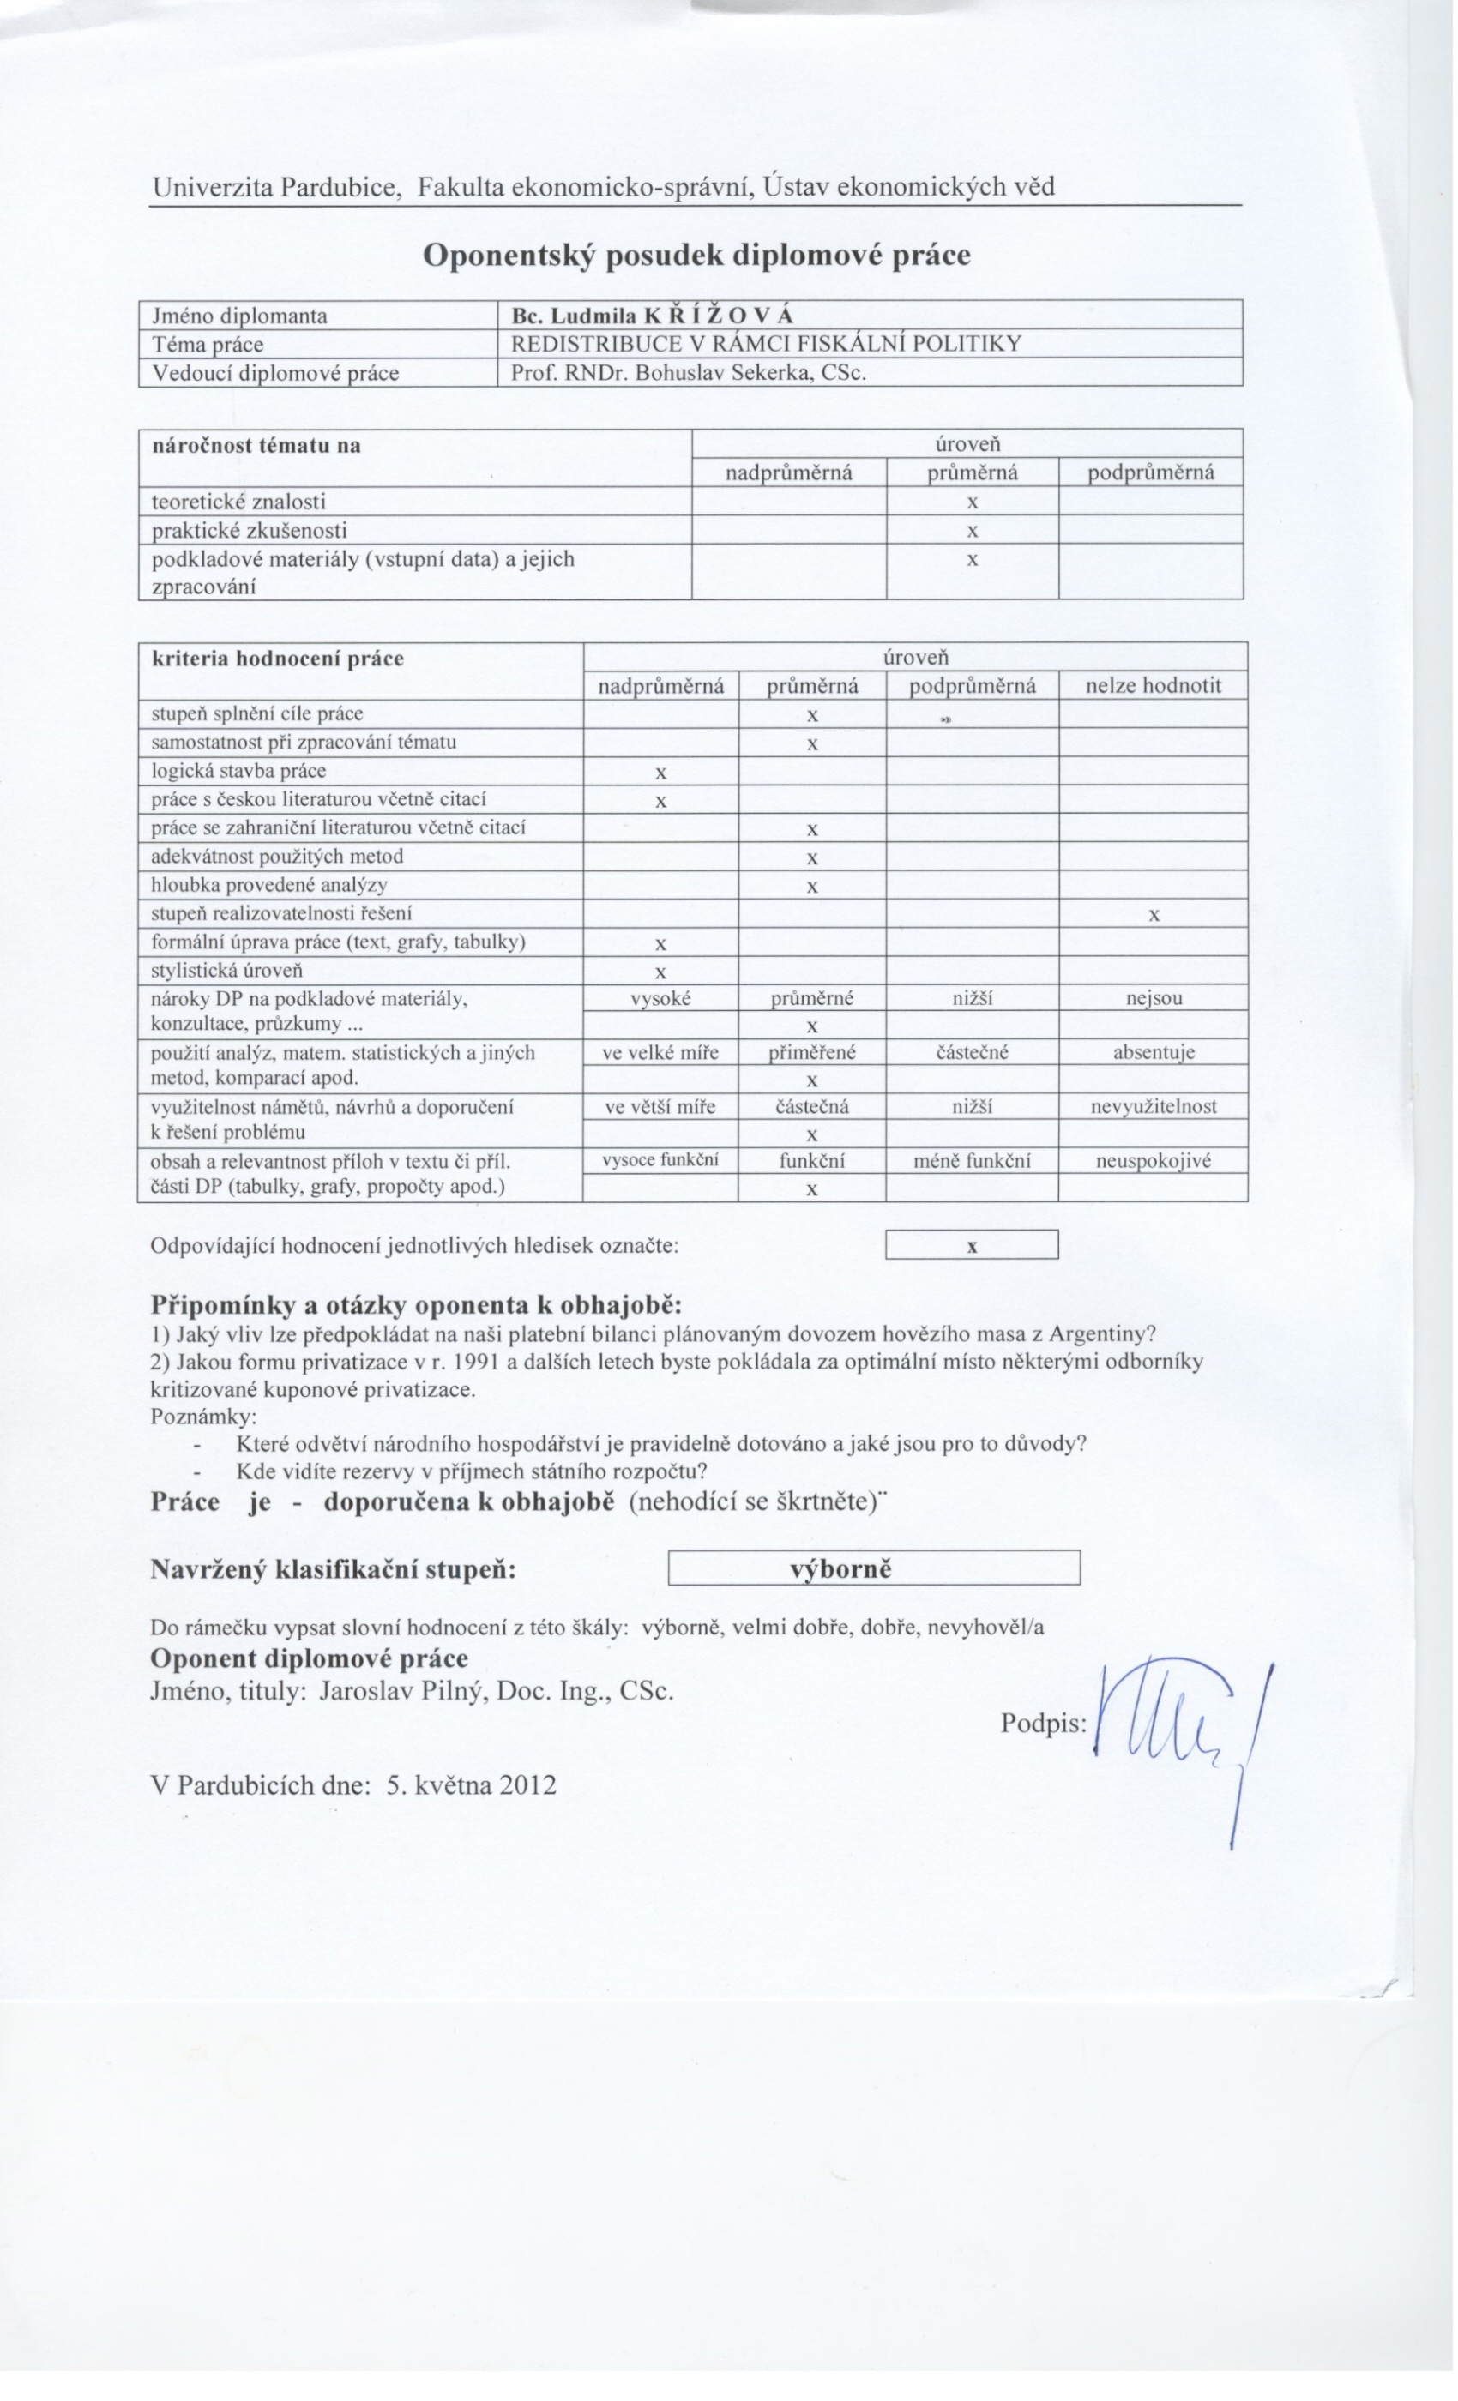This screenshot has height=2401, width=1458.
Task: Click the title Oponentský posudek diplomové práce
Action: (696, 256)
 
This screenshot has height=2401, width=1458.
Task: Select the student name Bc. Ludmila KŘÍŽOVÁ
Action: (652, 316)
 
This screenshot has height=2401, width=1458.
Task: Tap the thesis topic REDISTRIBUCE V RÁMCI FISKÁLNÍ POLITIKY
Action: (766, 344)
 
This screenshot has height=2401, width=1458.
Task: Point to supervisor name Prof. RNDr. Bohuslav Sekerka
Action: (688, 372)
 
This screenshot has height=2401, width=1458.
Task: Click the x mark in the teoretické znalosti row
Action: (972, 502)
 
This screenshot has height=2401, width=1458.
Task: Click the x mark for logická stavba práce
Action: (660, 773)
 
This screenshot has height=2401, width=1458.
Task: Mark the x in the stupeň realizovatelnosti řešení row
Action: (1154, 915)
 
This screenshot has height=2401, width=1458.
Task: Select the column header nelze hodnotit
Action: (1153, 686)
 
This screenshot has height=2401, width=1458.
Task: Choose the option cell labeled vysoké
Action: (660, 999)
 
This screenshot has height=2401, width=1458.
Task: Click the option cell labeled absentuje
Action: (1154, 1052)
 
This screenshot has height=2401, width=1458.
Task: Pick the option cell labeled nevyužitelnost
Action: (1154, 1107)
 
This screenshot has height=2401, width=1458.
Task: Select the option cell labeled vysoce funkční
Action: (660, 1160)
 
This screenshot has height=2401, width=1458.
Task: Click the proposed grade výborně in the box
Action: (840, 1569)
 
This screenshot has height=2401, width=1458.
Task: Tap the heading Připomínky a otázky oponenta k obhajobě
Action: (416, 1305)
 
